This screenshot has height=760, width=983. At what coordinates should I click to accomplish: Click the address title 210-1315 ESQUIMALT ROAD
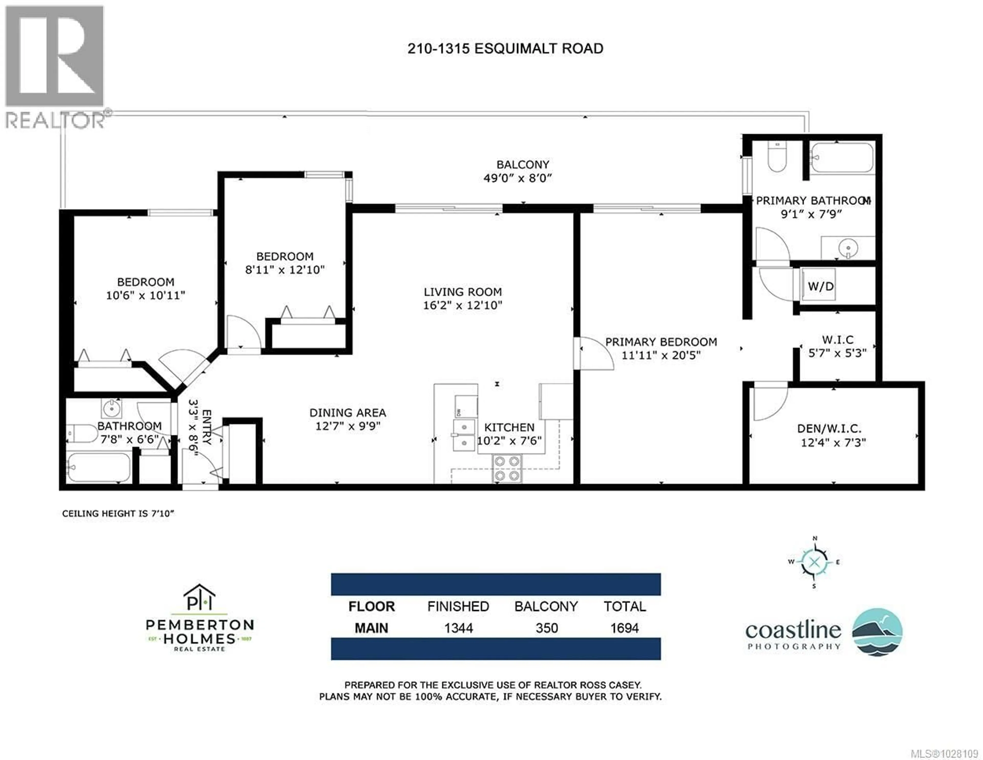pos(505,49)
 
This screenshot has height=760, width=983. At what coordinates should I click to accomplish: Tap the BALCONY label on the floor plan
pos(522,165)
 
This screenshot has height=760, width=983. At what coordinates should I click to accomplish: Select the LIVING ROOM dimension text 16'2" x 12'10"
pos(462,305)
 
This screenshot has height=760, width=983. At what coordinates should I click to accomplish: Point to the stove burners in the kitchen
pos(507,468)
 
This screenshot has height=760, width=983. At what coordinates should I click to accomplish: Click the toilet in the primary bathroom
pos(777,157)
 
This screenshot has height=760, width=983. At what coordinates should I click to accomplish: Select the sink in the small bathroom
pos(111,409)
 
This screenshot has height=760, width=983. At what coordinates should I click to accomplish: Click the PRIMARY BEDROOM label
pos(661,342)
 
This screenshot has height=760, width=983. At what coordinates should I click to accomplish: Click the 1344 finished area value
pos(458,628)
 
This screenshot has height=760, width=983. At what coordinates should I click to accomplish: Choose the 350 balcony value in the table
pos(547,628)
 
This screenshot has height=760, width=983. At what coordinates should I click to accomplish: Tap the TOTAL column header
pos(625,606)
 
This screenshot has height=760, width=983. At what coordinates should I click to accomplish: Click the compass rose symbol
pos(814,562)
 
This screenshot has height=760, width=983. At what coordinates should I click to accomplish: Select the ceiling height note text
pos(118,513)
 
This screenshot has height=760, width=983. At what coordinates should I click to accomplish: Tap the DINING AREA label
pos(347,413)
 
